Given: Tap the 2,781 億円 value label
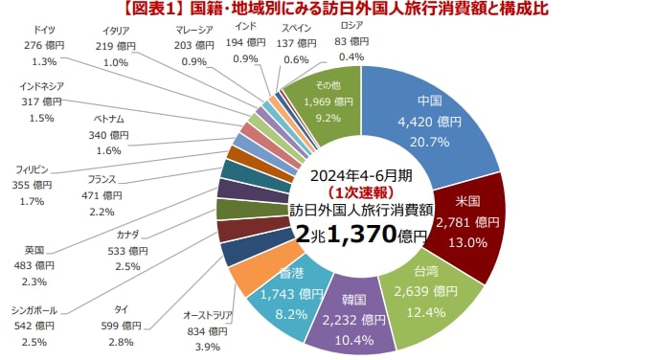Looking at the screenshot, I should [467, 222].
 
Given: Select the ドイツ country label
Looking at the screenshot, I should [43, 31].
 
